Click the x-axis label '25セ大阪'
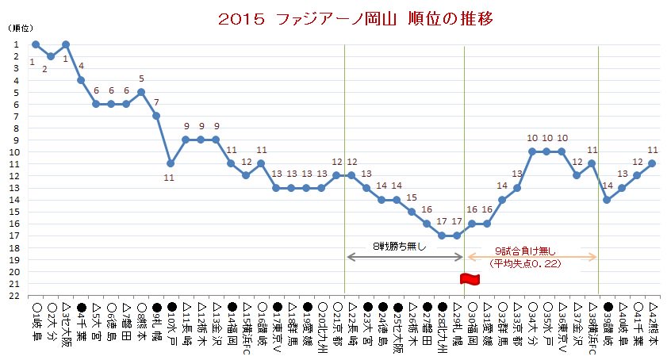click(x=397, y=325)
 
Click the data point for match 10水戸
click(x=171, y=163)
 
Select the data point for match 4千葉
click(x=81, y=80)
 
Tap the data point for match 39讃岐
click(x=607, y=200)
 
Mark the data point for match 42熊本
click(x=652, y=163)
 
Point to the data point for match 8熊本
click(x=141, y=92)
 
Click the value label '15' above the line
click(x=411, y=197)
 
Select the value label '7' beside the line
click(x=156, y=102)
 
